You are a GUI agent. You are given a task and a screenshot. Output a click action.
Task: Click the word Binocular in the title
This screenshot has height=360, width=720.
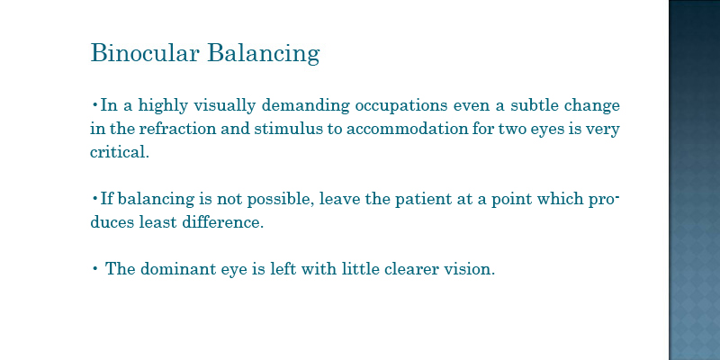tap(145, 52)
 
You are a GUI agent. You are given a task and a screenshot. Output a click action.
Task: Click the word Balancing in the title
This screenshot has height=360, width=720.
tap(263, 53)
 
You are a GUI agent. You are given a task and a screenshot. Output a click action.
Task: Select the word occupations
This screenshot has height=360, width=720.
tap(400, 106)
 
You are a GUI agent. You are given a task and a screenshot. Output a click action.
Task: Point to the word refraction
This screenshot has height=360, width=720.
tap(177, 129)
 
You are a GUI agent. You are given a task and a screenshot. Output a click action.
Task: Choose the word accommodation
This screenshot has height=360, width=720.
tap(407, 129)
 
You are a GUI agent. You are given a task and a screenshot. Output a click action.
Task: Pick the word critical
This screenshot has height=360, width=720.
tap(120, 152)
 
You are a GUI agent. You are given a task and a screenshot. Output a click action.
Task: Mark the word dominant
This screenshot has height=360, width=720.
tap(178, 268)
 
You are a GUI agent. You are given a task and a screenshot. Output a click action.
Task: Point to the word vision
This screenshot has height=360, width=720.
tap(469, 268)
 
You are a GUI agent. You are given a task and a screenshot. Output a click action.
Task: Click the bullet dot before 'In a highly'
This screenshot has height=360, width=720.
tap(94, 106)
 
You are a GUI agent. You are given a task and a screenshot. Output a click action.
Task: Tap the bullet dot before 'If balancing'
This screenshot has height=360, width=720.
tap(94, 199)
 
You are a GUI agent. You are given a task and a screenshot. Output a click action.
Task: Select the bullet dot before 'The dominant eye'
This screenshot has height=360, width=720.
tap(94, 268)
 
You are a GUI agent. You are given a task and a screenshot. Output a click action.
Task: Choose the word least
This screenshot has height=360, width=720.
tap(158, 222)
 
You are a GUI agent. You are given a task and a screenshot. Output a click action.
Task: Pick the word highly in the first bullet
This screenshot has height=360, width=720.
tap(163, 106)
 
